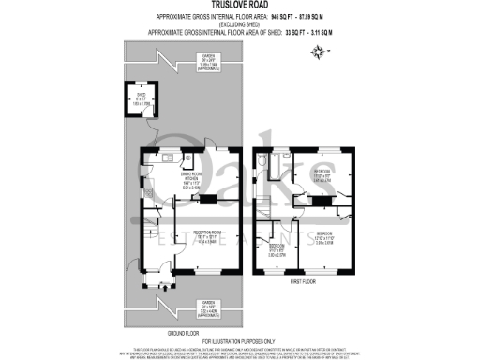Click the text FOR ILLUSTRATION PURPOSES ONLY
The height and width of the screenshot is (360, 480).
[239, 339]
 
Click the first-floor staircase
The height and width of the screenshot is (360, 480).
[266, 201]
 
